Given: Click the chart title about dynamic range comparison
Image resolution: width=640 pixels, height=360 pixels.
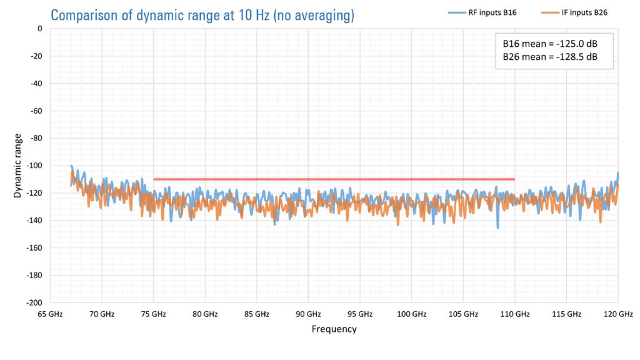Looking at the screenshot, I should [202, 14].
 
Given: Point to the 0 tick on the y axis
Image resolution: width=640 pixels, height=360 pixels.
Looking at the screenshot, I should [39, 29].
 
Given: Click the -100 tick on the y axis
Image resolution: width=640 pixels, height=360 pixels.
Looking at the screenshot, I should [36, 166].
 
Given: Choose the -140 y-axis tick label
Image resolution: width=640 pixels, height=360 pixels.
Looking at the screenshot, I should [36, 221].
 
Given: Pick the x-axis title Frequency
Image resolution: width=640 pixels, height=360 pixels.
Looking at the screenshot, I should [334, 329].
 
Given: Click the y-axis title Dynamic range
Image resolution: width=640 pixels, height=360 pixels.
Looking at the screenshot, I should [17, 166].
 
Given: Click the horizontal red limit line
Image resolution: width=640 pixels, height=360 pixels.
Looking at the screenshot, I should [334, 179].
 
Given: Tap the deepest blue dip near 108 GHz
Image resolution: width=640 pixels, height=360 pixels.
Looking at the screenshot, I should [498, 227].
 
